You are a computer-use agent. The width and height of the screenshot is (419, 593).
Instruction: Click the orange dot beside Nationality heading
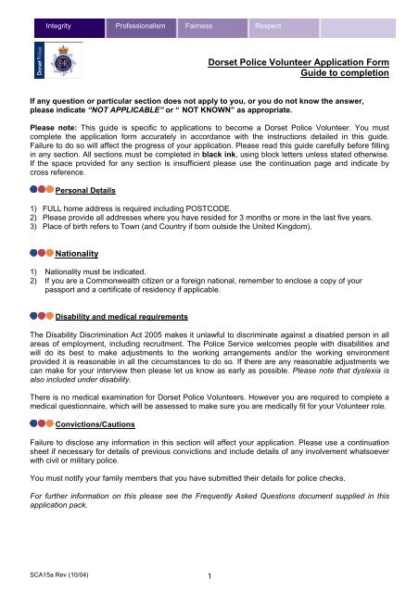(x=49, y=251)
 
